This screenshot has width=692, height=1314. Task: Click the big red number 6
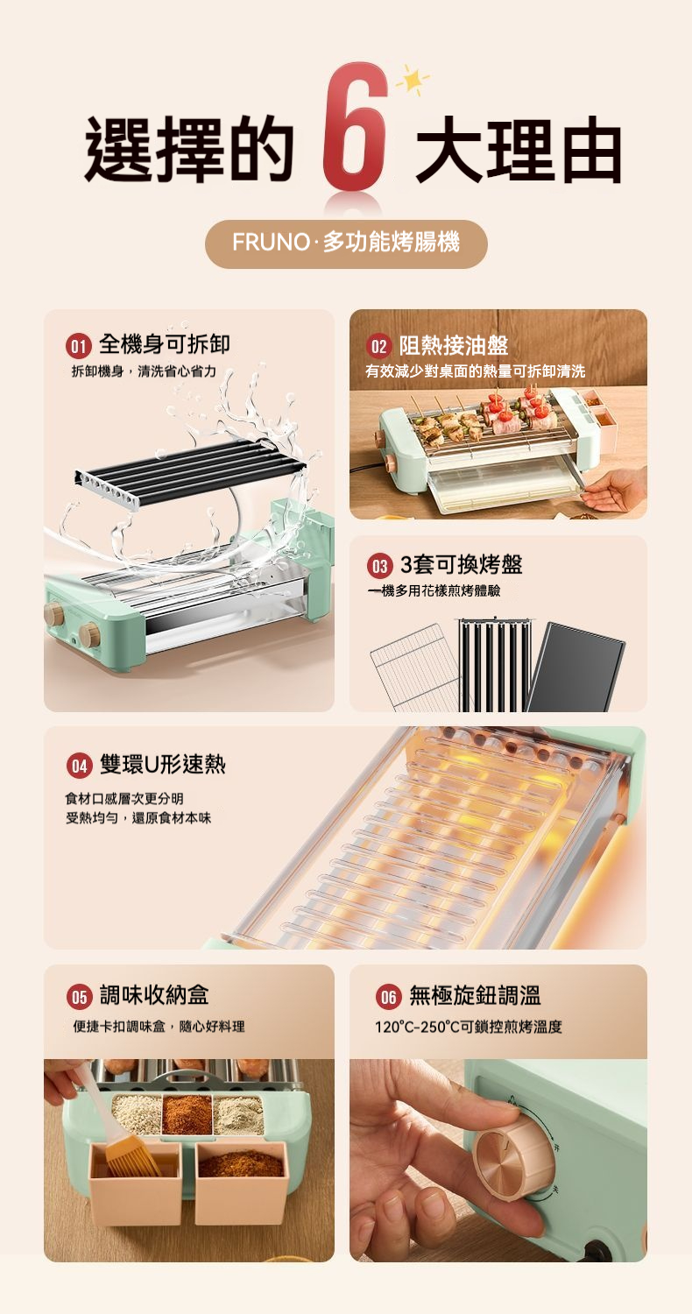click(355, 127)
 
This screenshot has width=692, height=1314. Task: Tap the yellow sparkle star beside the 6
click(413, 81)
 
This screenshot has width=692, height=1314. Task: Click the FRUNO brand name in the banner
click(271, 242)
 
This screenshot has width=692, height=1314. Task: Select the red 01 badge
click(78, 345)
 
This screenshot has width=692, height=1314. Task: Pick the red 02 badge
click(378, 346)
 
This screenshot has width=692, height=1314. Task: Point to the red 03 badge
click(379, 566)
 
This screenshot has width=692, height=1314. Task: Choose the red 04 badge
click(79, 766)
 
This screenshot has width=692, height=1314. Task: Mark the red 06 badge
click(388, 996)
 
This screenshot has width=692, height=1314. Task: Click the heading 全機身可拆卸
click(165, 344)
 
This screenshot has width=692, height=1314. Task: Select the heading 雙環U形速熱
click(162, 765)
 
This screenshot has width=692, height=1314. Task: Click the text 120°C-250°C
click(417, 1027)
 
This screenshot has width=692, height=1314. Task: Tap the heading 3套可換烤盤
click(461, 564)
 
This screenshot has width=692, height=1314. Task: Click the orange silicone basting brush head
click(130, 1161)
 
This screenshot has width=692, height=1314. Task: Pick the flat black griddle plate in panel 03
click(575, 668)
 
